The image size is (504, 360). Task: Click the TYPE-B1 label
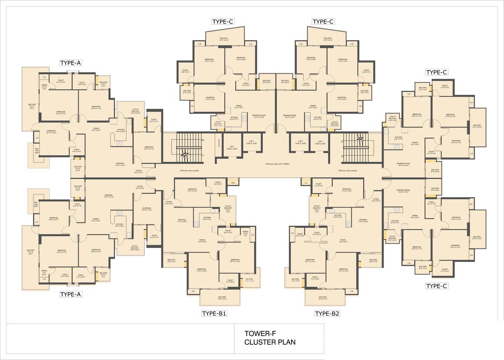214,313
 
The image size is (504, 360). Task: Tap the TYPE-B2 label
327,313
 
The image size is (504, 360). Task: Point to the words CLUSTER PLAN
270,342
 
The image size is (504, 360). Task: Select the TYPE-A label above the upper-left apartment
71,63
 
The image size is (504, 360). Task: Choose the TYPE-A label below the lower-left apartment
71,294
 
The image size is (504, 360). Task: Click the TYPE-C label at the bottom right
437,286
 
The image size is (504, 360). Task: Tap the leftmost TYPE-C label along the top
223,22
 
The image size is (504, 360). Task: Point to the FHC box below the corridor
232,183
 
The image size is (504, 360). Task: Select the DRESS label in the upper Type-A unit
44,87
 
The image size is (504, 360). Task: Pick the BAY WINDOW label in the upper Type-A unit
37,151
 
